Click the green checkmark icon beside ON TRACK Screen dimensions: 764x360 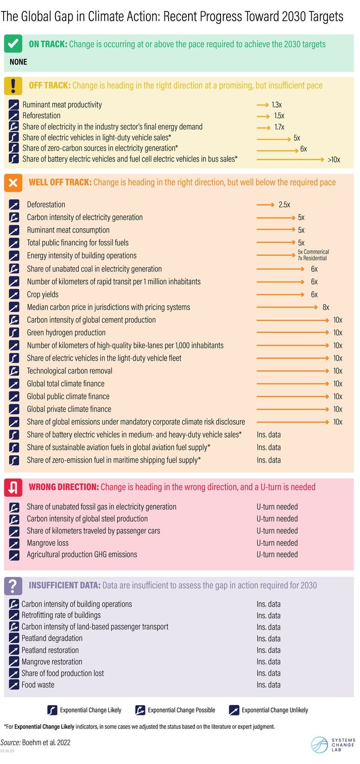[13, 44]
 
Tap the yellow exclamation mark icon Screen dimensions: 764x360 [13, 85]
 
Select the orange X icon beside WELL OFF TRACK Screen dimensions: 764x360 [13, 182]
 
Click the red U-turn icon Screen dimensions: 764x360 [13, 487]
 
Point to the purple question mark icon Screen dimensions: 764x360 [13, 585]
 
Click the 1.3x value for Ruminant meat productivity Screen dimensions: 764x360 [277, 105]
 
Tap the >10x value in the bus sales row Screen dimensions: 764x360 [334, 160]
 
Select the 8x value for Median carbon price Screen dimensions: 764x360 [326, 307]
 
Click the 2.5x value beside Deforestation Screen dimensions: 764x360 [284, 205]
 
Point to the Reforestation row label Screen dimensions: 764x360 [41, 116]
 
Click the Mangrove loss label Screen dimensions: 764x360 [47, 543]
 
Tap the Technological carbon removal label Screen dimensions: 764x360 [69, 371]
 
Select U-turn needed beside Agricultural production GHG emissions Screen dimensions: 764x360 [277, 554]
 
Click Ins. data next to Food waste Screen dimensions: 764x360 [268, 685]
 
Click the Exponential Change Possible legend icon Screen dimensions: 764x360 [140, 710]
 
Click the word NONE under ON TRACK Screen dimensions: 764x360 [19, 62]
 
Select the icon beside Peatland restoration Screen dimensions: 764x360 [14, 650]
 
